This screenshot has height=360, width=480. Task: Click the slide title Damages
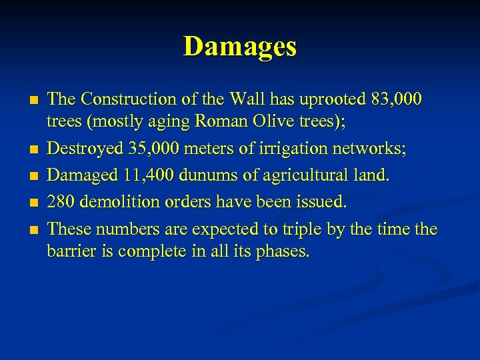pyautogui.click(x=240, y=47)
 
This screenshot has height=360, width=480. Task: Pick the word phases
pyautogui.click(x=283, y=253)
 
